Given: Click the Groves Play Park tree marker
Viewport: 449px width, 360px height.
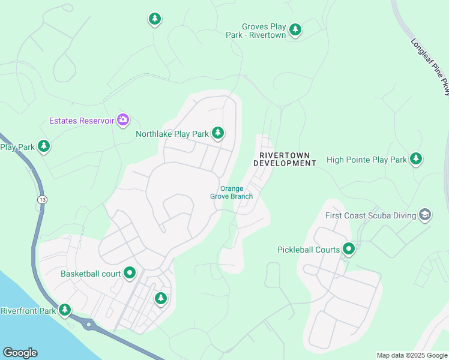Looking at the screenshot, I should tap(295, 29).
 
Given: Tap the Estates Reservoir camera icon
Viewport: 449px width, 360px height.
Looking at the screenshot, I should tap(123, 120).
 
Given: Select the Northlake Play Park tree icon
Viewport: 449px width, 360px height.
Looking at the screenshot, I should tap(218, 133).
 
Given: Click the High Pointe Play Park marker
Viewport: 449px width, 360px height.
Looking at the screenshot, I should tap(416, 159).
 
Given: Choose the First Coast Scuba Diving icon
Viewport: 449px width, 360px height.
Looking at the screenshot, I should tap(426, 215).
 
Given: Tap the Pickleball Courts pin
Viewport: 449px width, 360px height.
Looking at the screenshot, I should tap(349, 249).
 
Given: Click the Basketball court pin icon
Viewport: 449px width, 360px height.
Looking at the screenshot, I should tap(130, 274).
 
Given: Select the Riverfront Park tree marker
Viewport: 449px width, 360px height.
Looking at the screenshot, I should tap(64, 310).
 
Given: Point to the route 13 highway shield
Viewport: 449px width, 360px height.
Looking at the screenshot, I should tap(41, 199).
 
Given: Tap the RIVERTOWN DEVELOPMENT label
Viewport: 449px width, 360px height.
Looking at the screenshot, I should tap(285, 158).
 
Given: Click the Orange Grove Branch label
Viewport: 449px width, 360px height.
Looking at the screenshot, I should tap(231, 192).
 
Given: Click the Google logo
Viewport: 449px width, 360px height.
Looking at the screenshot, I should tap(20, 353).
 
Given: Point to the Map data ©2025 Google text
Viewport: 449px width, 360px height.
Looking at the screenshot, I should tap(412, 355).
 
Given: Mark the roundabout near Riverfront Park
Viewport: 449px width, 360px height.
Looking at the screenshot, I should tap(89, 325).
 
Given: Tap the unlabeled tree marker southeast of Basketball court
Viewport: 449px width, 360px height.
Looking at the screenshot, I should tap(160, 298).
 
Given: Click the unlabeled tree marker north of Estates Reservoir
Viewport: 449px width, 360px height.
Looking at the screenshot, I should tap(155, 19).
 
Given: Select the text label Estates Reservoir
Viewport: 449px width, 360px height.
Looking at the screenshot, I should tap(81, 121).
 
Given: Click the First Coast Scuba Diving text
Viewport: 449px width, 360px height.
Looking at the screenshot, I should tap(371, 215).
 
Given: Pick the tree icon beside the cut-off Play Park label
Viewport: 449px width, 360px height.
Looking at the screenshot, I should tap(43, 146).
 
